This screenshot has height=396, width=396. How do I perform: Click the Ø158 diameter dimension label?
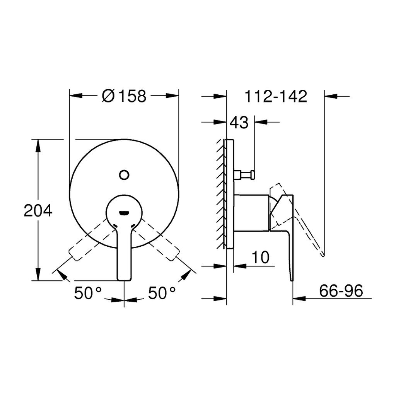124,96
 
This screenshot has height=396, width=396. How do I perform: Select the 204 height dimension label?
38,211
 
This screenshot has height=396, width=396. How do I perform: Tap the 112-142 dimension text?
276,96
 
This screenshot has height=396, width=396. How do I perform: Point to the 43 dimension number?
239,122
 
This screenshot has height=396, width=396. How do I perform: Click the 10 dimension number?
261,257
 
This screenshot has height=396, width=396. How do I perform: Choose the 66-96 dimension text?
341,291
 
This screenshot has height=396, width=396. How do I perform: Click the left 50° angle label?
88,293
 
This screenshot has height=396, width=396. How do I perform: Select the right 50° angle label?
162,293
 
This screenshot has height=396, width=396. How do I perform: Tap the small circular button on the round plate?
124,175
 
